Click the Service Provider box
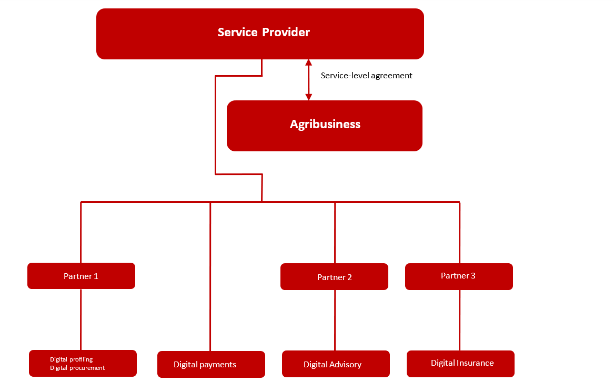click(x=260, y=34)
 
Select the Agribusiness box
click(x=325, y=126)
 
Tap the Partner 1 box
click(x=82, y=276)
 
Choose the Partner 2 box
click(x=335, y=277)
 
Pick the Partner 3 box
click(x=459, y=276)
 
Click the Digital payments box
click(x=211, y=365)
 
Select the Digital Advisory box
click(x=336, y=364)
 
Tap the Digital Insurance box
click(x=460, y=364)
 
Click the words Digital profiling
click(x=71, y=360)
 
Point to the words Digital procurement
click(x=77, y=368)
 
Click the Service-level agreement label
click(x=367, y=76)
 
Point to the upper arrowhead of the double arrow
click(x=308, y=63)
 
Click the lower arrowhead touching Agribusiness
click(x=308, y=97)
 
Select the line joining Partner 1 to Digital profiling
click(x=81, y=320)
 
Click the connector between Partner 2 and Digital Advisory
click(x=335, y=321)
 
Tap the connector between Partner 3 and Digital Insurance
click(x=460, y=320)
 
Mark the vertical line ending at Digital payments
click(x=210, y=276)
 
